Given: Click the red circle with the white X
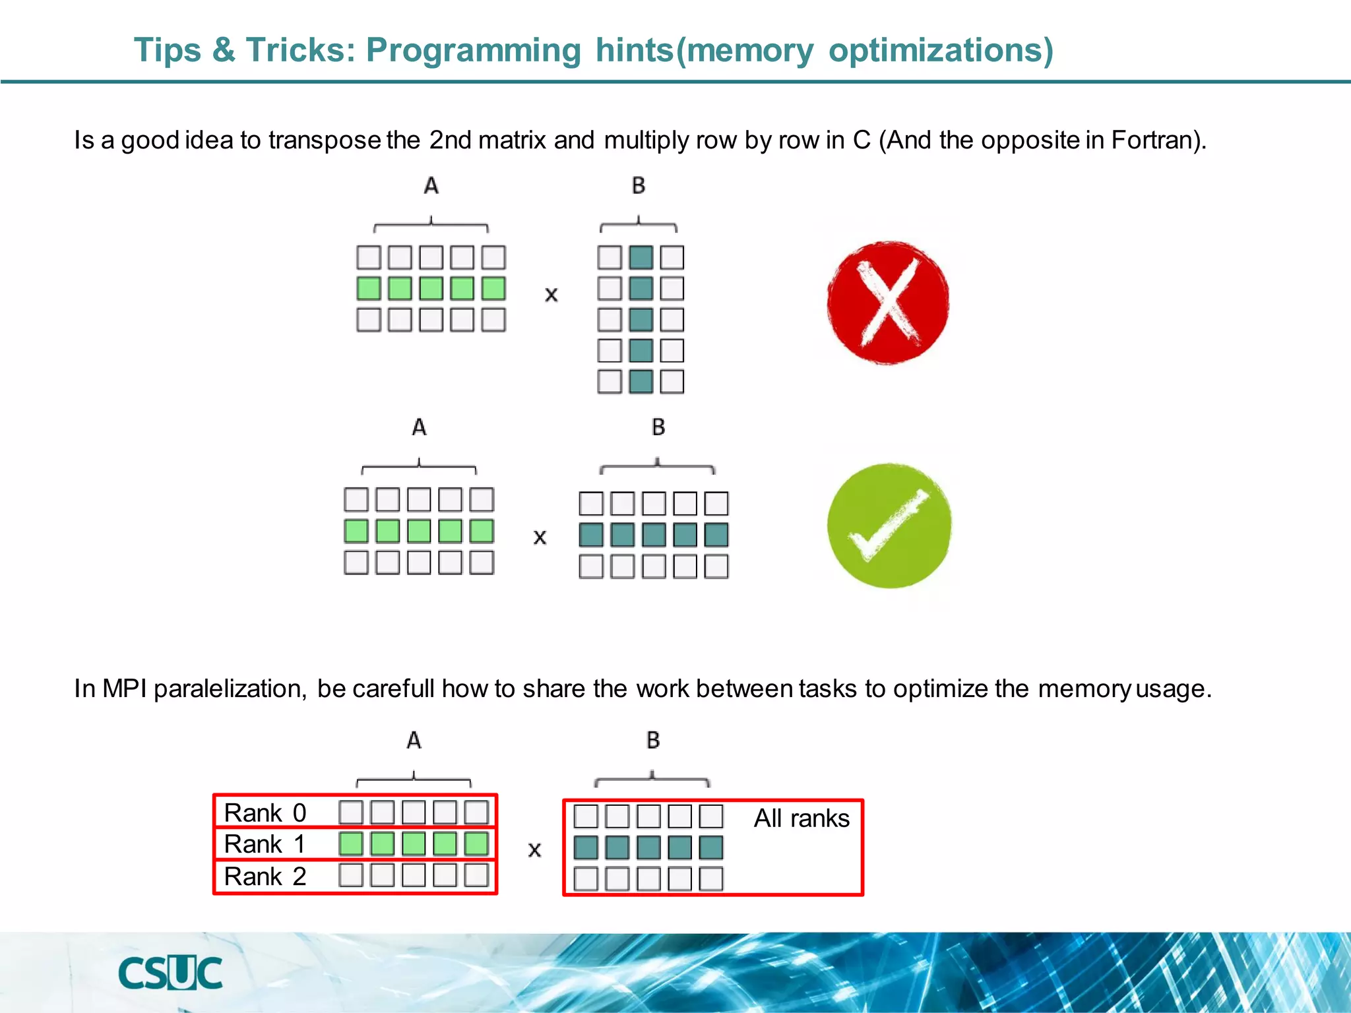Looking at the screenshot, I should point(888,303).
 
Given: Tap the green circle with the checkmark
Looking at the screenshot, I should point(889,526).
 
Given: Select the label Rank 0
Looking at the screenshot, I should point(265,813).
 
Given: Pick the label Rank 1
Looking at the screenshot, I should point(265,844).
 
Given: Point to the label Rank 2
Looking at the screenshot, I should point(265,876).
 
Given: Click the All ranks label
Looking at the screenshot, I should point(801,818).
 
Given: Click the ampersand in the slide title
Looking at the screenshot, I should point(224,50).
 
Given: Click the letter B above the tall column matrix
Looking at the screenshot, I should point(638,186).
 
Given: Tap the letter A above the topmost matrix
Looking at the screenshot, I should point(431,186).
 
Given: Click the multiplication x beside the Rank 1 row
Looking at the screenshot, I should point(534,850).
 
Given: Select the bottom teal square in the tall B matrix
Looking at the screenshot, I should point(641,382).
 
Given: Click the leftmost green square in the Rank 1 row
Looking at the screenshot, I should point(351,844).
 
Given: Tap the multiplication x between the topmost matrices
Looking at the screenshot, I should point(551,295).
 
